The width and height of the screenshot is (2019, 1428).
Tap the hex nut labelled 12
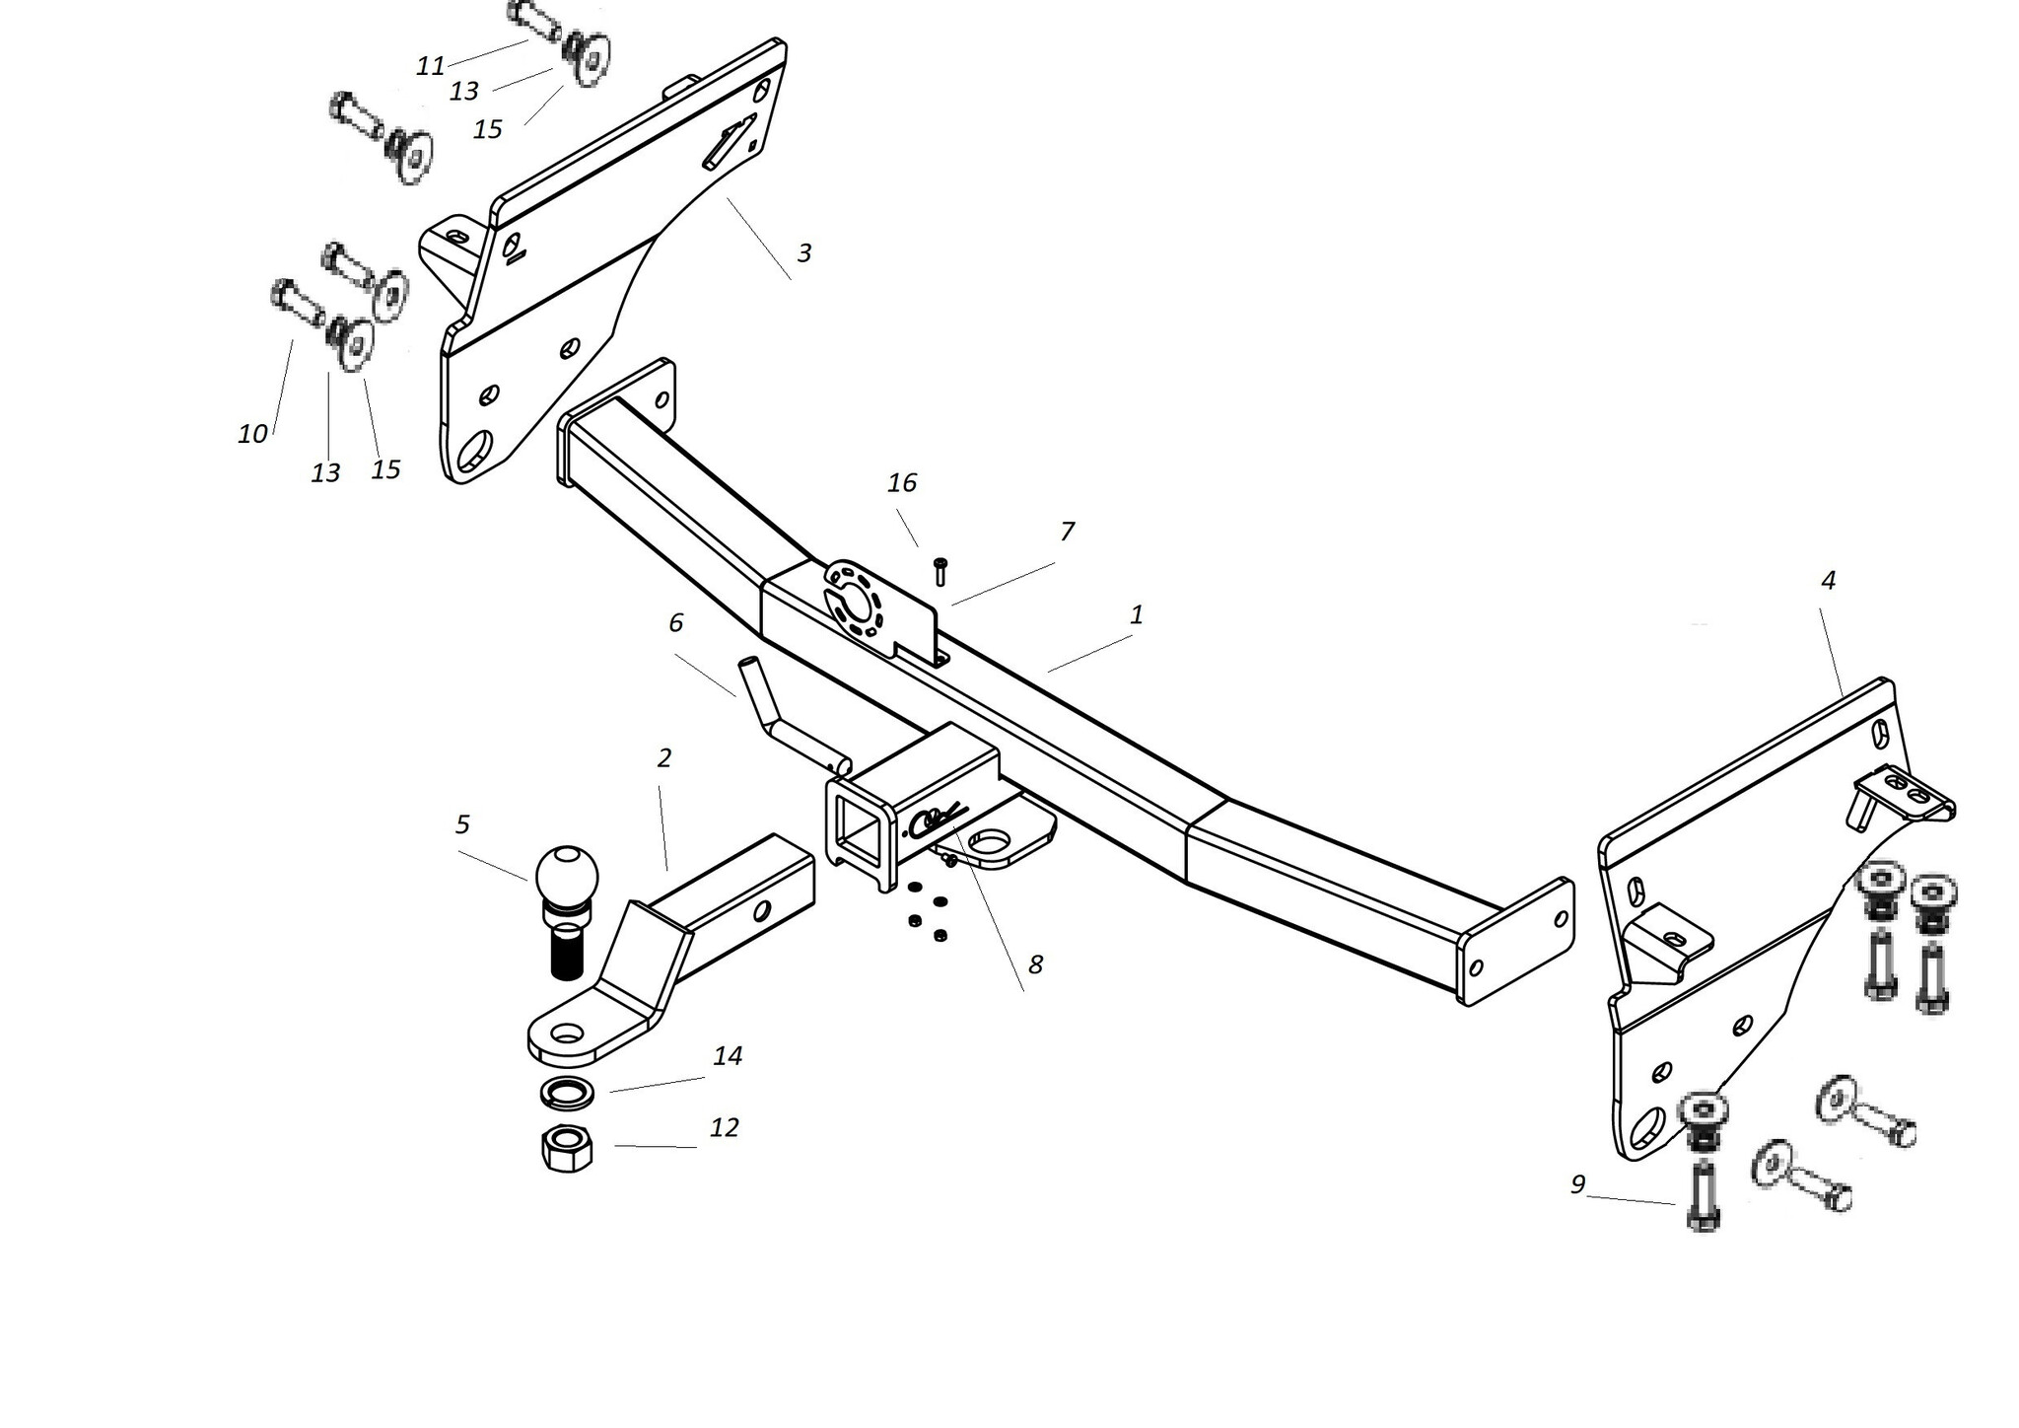[x=566, y=1147]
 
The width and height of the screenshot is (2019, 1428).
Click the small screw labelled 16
[x=940, y=571]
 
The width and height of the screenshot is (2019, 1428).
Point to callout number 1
[x=1137, y=615]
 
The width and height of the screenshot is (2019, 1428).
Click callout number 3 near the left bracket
[x=804, y=252]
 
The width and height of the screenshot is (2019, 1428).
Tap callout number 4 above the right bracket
[x=1828, y=581]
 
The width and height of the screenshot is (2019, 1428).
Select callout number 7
[x=1067, y=532]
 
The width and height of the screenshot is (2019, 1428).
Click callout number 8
[x=1035, y=964]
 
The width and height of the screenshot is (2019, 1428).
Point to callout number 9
[x=1577, y=1184]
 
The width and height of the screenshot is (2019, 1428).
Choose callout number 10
[x=252, y=433]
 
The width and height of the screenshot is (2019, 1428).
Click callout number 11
[x=431, y=66]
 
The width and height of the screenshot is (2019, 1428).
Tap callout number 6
[x=675, y=622]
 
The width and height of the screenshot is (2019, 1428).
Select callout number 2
[x=663, y=757]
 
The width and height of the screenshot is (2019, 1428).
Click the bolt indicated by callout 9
[x=1704, y=1195]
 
